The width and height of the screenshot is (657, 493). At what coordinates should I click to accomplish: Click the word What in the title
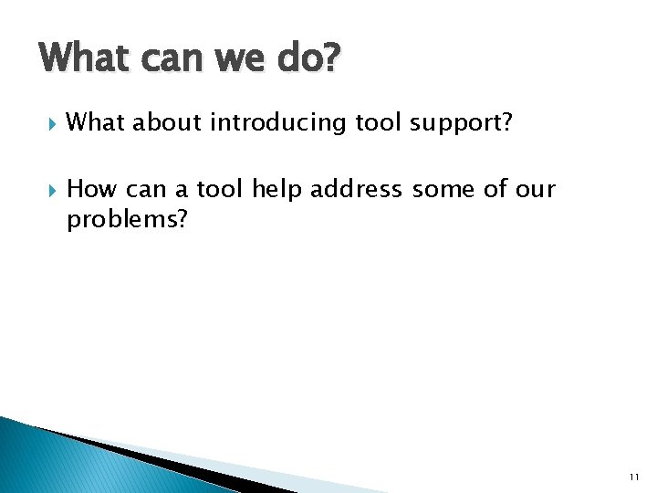(x=84, y=59)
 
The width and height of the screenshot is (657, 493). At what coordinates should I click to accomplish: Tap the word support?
(x=461, y=123)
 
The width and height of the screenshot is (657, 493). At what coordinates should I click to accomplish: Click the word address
(x=357, y=189)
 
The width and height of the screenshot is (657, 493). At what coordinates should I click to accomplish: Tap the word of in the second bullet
(x=495, y=189)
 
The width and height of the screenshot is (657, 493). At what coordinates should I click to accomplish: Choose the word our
(x=536, y=190)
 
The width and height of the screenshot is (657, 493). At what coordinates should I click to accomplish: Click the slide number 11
(x=634, y=477)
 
